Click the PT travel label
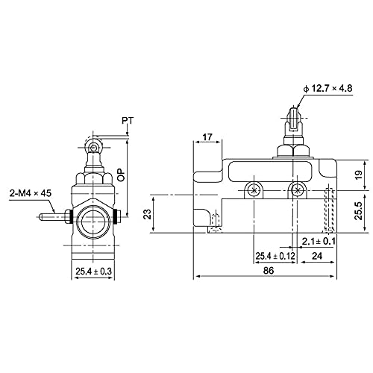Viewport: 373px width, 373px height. point(128,121)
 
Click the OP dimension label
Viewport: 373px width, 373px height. point(121,175)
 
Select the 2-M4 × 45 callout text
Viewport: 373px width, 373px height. point(31,193)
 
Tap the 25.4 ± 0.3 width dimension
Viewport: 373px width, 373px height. point(94,271)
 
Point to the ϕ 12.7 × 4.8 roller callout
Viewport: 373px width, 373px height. point(328,88)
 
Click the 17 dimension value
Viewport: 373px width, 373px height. point(207,137)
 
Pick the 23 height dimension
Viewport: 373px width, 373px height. point(148,214)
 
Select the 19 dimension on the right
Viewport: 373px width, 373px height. point(359,175)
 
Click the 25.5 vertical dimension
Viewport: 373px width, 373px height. point(359,211)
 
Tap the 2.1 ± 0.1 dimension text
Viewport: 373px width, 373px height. point(319,241)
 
